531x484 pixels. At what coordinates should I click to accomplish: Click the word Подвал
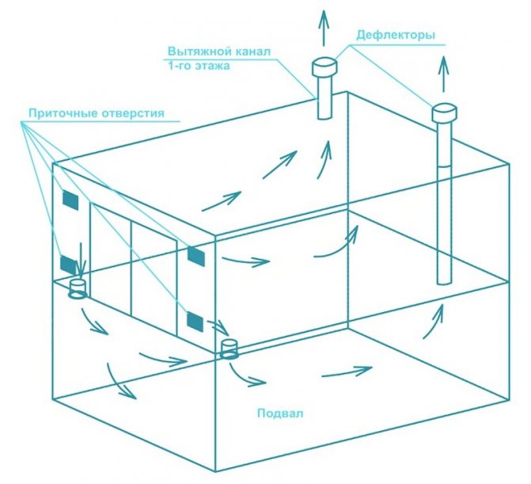[280, 413]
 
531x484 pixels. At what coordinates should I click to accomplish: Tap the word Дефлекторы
[396, 35]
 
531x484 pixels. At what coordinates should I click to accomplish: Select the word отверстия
[131, 112]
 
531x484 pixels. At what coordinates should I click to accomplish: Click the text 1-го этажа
[199, 66]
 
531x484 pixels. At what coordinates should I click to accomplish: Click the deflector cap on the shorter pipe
[324, 67]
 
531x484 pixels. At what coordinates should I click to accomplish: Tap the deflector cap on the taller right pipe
[444, 112]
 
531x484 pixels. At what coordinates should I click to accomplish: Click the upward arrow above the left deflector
[324, 28]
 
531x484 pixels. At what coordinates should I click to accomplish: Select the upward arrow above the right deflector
[444, 74]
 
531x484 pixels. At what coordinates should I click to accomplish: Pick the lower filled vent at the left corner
[68, 265]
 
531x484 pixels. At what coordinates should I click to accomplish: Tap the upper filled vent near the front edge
[196, 257]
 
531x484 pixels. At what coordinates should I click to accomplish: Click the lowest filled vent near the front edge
[195, 322]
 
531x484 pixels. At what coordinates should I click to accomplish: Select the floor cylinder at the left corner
[78, 289]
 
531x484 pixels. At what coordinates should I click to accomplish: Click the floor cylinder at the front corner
[229, 349]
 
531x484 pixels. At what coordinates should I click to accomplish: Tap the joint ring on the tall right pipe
[444, 166]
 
